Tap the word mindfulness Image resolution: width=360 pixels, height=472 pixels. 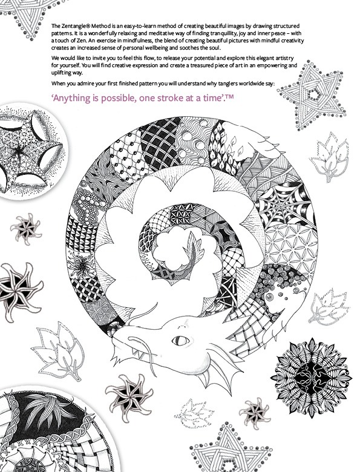click(x=139, y=41)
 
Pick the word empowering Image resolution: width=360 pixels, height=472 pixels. click(x=274, y=65)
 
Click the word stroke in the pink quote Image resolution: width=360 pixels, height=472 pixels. click(x=169, y=98)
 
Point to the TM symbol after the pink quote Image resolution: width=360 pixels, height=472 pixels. click(x=230, y=96)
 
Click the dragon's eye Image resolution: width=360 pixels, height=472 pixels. click(x=180, y=341)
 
